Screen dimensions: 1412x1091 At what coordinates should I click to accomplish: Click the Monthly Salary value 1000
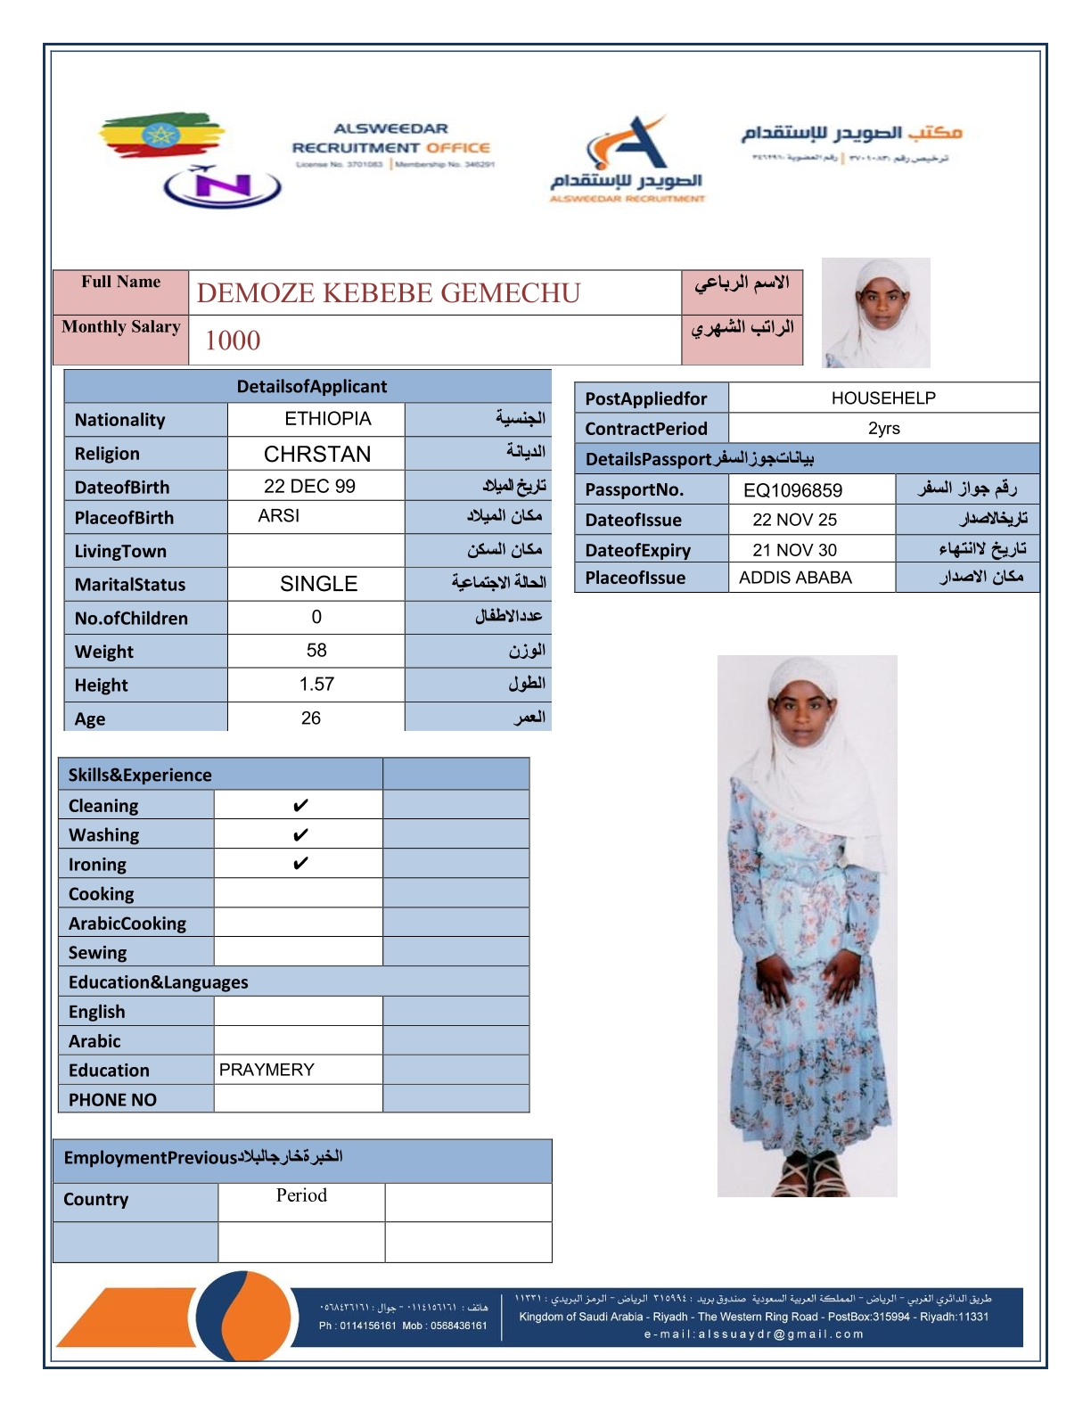tap(233, 341)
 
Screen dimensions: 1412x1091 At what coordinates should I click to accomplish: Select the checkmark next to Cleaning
tap(300, 806)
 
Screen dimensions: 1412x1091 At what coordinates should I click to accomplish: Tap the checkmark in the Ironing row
tap(300, 864)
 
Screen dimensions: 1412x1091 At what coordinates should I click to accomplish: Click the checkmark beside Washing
tap(300, 835)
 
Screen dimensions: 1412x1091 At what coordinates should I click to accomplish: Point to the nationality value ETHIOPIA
tap(327, 419)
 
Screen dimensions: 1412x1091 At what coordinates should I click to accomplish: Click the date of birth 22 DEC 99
tap(309, 487)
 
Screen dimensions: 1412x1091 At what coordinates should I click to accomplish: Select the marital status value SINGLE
tap(318, 584)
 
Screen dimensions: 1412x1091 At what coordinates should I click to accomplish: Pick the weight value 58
tap(316, 651)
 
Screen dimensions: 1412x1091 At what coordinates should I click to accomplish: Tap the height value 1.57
tap(316, 685)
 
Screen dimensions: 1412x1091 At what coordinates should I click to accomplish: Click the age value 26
tap(311, 718)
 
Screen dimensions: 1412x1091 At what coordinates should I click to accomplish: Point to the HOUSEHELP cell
tap(883, 398)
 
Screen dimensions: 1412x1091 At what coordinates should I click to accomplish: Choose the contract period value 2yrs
tap(883, 429)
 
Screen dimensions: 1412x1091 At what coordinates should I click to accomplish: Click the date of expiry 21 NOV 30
tap(794, 550)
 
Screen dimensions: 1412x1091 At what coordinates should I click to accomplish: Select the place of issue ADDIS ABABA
tap(795, 578)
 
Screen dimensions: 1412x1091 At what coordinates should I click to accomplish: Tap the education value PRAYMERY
tap(267, 1070)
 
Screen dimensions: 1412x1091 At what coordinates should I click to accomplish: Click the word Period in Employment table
tap(301, 1195)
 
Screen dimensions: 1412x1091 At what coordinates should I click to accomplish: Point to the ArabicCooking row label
tap(127, 924)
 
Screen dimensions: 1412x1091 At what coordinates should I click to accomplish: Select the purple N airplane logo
tap(222, 185)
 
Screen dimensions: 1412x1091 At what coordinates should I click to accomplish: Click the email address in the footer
tap(753, 1334)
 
